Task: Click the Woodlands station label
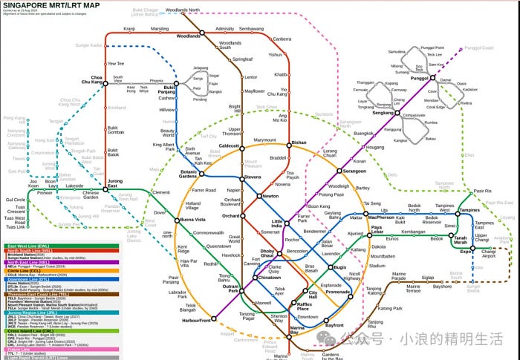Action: tap(189, 35)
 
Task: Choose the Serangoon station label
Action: tap(354, 171)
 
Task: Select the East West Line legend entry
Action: tap(30, 246)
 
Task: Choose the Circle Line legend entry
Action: tap(25, 269)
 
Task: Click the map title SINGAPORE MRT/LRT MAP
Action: tap(53, 5)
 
